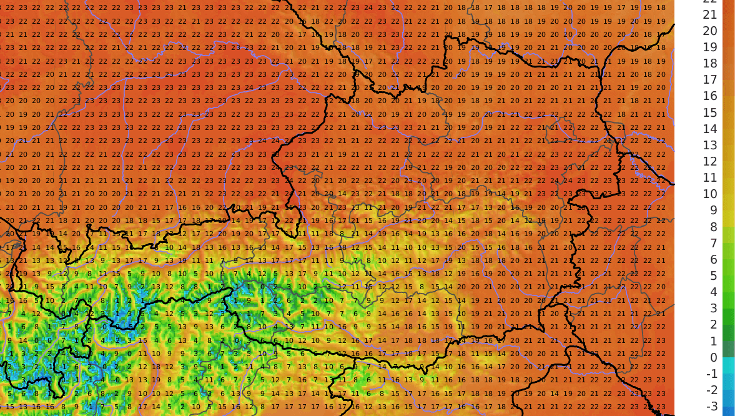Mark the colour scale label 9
(711, 210)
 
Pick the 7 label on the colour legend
(711, 243)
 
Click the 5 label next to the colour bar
(711, 275)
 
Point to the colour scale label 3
(711, 308)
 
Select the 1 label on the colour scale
(711, 341)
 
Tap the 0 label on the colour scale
(711, 357)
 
